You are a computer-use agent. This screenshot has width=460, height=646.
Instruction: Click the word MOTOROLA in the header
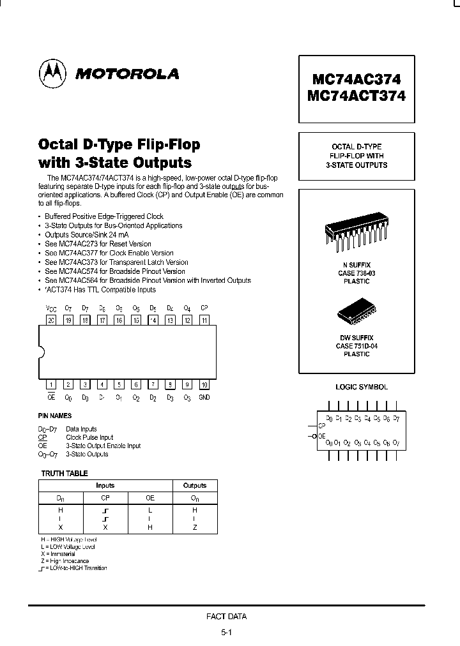coord(128,74)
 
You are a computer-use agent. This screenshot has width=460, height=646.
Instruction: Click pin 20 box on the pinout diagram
coord(51,320)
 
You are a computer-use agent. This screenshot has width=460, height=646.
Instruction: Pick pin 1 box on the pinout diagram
coord(51,385)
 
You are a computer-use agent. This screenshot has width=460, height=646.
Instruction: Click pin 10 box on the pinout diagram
coord(204,385)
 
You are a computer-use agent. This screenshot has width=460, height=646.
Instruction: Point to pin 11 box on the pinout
coord(204,320)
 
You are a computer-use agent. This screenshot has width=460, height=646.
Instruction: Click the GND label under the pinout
coord(204,398)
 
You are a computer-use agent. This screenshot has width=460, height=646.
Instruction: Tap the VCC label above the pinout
coord(51,308)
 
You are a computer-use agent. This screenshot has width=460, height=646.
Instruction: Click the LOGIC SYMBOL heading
coord(362,387)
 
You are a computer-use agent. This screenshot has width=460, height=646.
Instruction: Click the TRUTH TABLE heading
coord(65,474)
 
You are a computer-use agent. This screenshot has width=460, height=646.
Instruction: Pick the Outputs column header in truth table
coord(195,486)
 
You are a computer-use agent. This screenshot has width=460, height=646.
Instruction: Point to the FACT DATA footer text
coord(226,617)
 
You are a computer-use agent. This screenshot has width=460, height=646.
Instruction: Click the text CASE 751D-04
coord(356,346)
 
